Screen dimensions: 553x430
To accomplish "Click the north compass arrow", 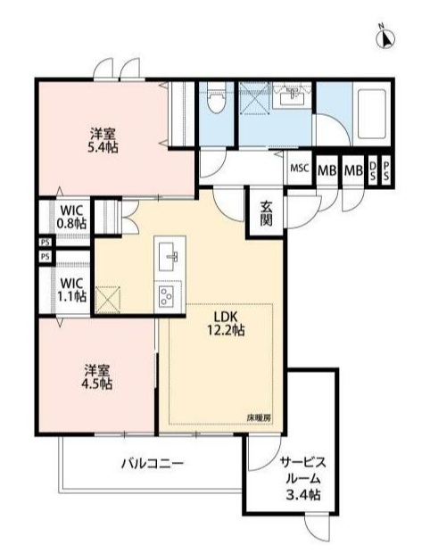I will pyautogui.click(x=388, y=37).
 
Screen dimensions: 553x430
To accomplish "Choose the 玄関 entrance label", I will pyautogui.click(x=267, y=214).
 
